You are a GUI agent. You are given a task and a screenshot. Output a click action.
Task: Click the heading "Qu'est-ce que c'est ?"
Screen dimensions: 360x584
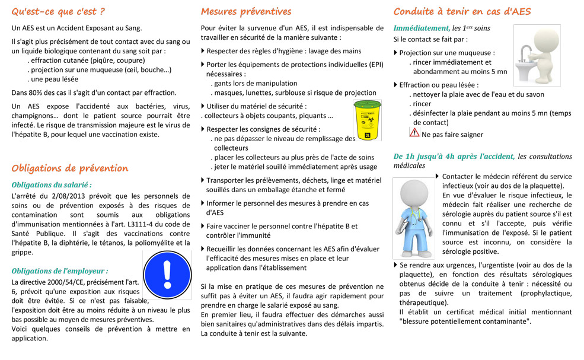click(58, 11)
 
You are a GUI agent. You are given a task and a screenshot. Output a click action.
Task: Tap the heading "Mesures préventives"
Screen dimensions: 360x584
click(246, 11)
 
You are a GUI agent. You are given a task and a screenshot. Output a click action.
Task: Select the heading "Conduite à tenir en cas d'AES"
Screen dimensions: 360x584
click(462, 11)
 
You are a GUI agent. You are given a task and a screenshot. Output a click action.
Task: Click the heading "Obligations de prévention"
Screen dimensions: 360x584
click(69, 168)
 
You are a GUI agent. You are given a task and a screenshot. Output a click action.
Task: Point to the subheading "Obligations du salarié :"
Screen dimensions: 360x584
click(52, 184)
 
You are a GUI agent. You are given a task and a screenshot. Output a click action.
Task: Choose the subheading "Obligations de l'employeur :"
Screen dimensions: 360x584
click(59, 271)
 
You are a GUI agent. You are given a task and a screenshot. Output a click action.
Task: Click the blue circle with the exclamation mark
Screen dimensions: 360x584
click(167, 275)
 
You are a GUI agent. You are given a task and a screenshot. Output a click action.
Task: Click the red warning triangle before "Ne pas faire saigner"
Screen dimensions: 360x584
click(414, 133)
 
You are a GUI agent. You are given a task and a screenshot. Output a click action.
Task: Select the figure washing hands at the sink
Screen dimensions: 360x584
click(536, 55)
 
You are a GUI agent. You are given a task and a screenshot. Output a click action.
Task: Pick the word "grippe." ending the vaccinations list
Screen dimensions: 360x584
click(23, 252)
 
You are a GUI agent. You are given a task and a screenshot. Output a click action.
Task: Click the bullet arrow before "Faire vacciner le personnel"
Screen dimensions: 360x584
click(203, 226)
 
